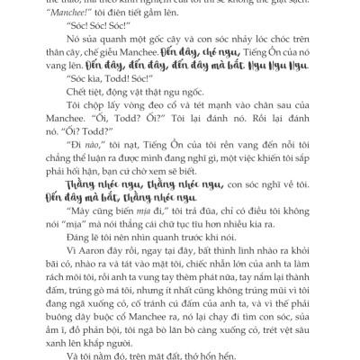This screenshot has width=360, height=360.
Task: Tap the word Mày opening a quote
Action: (70, 231)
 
